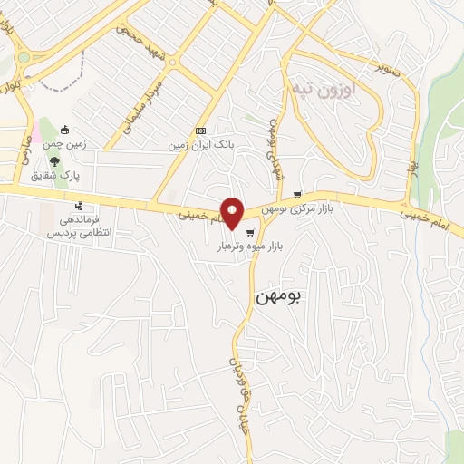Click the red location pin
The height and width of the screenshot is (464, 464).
tap(233, 212)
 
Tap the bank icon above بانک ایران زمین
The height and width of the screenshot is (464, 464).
tap(200, 130)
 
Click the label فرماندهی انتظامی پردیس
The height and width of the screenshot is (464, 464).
tap(77, 227)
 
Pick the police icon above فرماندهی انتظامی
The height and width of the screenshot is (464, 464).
tap(79, 204)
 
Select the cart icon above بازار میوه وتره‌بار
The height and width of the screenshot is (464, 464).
tap(249, 232)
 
